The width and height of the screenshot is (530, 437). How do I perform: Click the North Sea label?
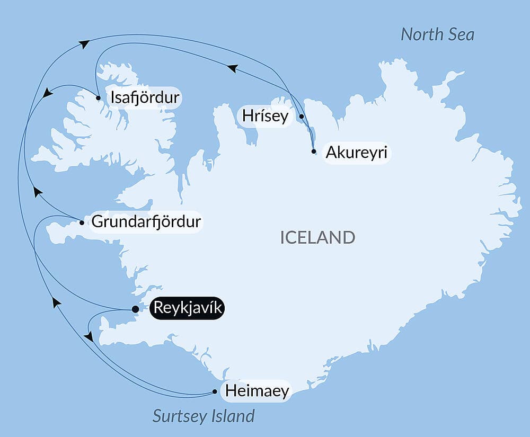(437, 34)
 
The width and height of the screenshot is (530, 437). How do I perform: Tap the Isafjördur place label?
(144, 98)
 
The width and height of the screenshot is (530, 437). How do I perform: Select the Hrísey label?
(266, 116)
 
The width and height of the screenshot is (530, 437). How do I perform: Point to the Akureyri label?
(356, 153)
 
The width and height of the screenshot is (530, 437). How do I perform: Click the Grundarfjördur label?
(146, 221)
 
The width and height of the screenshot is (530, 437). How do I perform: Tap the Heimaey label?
(257, 391)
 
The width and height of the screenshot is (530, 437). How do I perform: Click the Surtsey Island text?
(204, 416)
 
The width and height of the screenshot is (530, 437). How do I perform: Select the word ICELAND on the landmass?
(317, 237)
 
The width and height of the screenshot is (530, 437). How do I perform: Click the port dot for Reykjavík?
(135, 309)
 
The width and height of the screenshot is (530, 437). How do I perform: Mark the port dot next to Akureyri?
(314, 151)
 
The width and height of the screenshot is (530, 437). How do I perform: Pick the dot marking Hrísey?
(302, 116)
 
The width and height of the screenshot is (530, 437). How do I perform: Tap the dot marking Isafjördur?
(99, 98)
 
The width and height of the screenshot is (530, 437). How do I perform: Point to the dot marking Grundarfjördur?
(82, 222)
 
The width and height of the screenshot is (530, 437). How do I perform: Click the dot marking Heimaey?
(215, 392)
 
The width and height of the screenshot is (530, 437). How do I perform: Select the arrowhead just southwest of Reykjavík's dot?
(89, 336)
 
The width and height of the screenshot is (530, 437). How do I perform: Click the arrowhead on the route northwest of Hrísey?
(232, 68)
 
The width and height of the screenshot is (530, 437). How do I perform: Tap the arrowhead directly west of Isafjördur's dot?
(48, 93)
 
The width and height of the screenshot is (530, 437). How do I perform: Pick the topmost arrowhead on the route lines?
(84, 44)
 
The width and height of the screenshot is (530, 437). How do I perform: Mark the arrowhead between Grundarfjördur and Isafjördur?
(37, 191)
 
